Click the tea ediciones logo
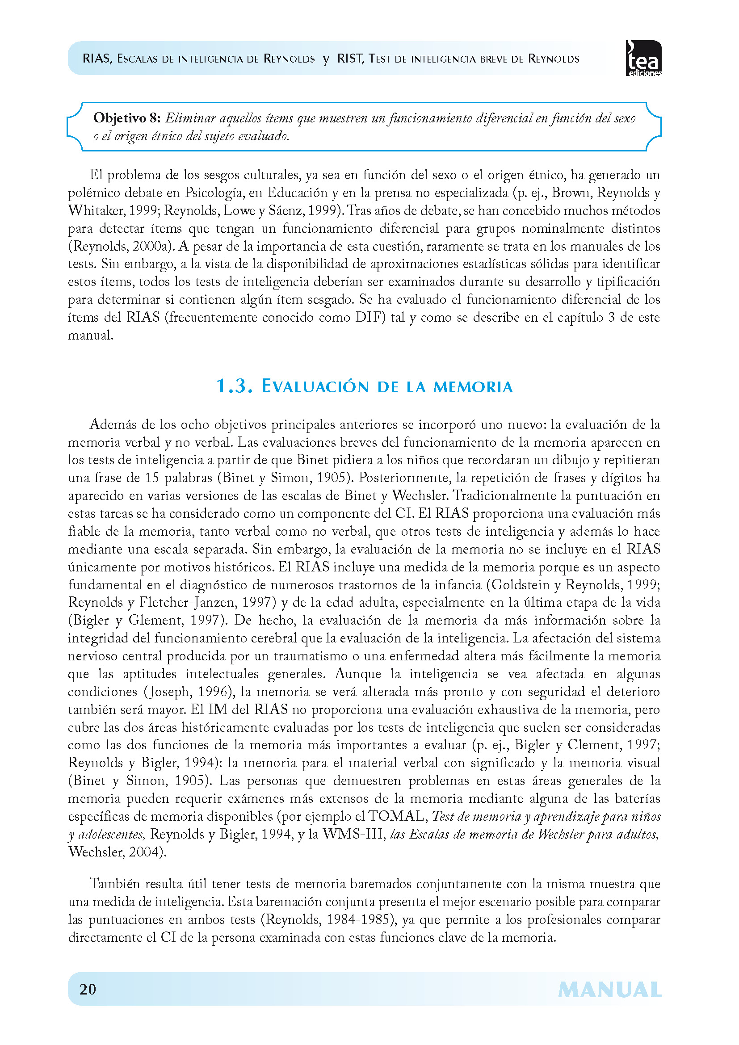coord(643,59)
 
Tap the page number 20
coord(88,989)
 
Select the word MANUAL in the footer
coord(609,990)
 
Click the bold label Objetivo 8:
coord(127,118)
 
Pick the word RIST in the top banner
coord(350,59)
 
